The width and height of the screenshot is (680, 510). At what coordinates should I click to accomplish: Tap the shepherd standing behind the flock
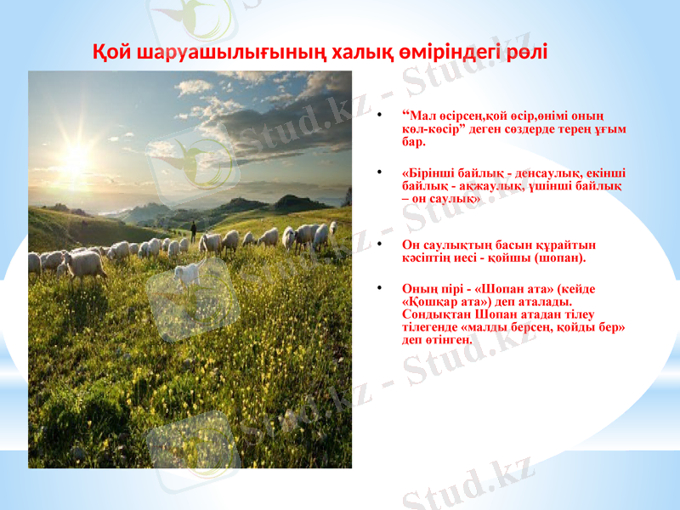point(193,229)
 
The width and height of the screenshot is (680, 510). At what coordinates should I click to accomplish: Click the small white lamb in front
point(187,274)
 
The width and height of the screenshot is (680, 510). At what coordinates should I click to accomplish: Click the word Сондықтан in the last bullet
point(433,314)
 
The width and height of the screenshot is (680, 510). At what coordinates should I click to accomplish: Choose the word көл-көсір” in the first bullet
point(433,129)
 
